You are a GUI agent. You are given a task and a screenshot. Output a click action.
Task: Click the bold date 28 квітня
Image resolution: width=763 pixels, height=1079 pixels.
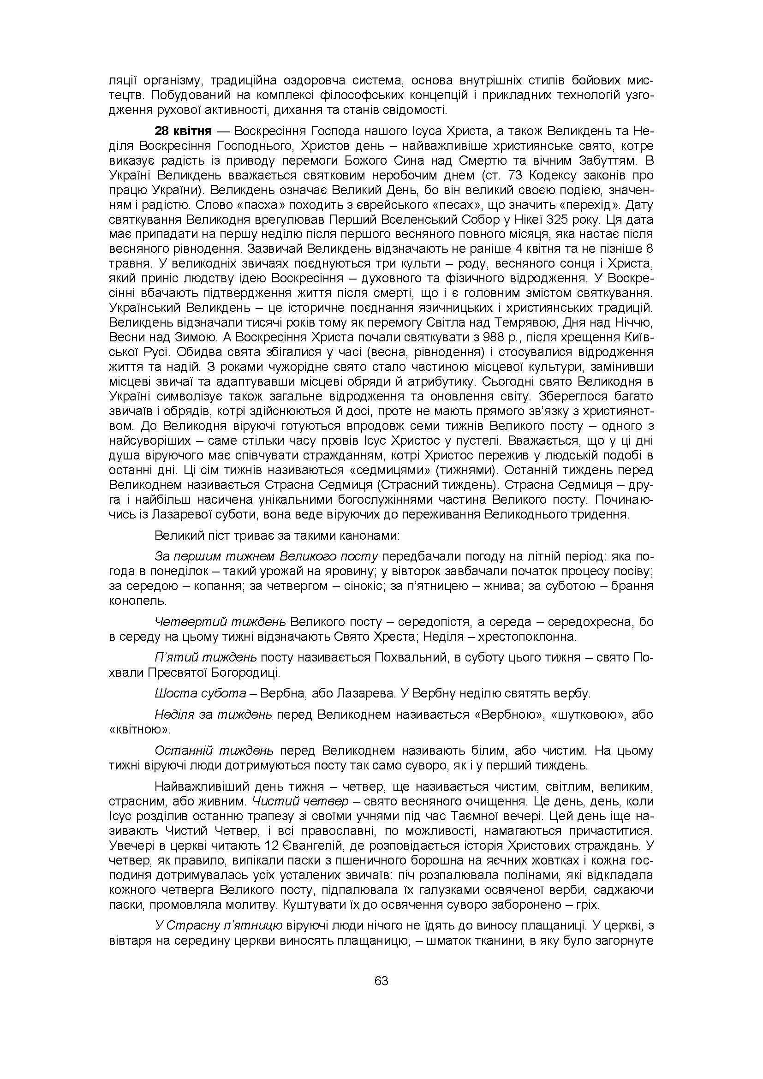point(183,131)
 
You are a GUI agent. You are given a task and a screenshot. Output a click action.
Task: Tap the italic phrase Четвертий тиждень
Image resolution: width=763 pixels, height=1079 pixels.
point(220,622)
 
